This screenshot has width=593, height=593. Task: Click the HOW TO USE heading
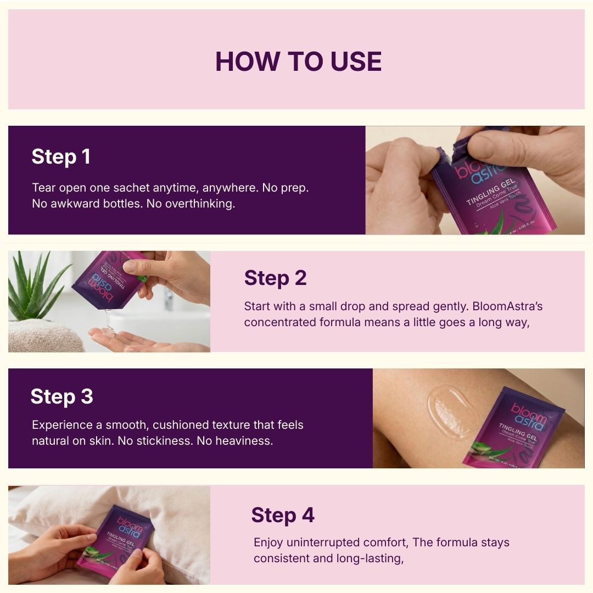tap(298, 61)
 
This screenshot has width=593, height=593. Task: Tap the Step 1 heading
tap(61, 157)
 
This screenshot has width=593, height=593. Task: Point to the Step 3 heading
tap(61, 396)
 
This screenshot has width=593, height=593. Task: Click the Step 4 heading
tap(283, 516)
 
